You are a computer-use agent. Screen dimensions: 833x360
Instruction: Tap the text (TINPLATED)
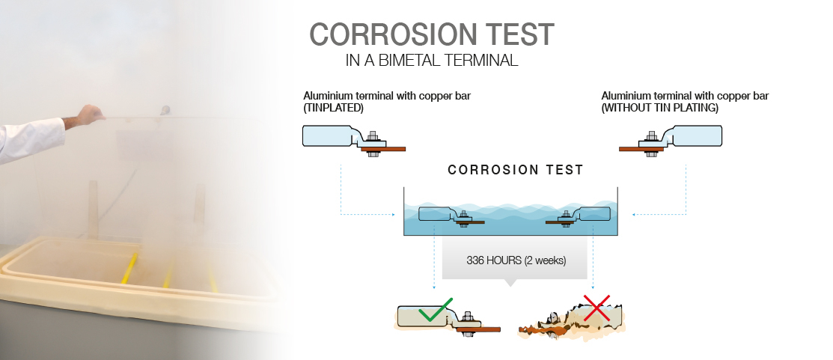point(333,108)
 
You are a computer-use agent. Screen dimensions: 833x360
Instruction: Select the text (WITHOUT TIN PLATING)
point(660,108)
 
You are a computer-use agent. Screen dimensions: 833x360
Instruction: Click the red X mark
point(596,308)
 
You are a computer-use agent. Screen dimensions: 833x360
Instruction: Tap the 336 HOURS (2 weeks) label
point(516,260)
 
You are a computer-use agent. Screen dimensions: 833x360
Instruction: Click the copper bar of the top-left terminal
point(383,149)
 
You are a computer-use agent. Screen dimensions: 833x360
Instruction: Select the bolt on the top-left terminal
point(373,141)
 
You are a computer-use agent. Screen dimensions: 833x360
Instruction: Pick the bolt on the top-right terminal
point(652,141)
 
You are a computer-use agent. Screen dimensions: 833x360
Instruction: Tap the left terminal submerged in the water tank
point(451,216)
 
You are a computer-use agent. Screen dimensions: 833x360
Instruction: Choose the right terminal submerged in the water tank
point(578,216)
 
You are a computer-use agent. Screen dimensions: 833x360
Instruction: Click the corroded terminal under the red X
point(571,321)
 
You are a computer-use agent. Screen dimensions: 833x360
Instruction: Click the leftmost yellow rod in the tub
point(129,268)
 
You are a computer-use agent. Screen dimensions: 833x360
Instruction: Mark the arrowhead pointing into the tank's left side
point(393,215)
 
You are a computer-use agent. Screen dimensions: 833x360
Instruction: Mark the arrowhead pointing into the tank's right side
point(634,215)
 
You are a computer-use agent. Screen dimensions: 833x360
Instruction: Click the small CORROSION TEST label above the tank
point(516,170)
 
